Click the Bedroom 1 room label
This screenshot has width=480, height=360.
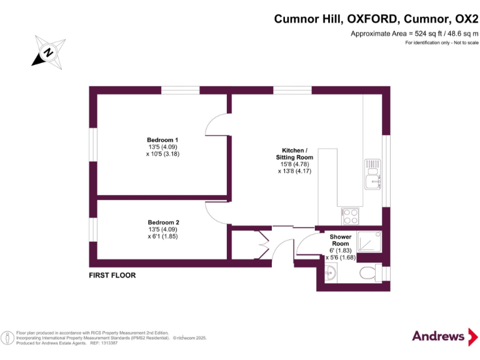162,140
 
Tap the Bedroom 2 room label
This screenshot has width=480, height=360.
163,222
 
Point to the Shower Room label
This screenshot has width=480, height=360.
341,241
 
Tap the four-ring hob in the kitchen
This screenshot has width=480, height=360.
350,216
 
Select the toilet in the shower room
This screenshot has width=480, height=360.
369,272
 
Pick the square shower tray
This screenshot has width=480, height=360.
370,240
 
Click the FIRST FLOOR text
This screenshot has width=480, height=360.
112,275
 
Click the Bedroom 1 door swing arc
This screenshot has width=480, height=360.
217,124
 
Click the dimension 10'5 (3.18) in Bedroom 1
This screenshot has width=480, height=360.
162,154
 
